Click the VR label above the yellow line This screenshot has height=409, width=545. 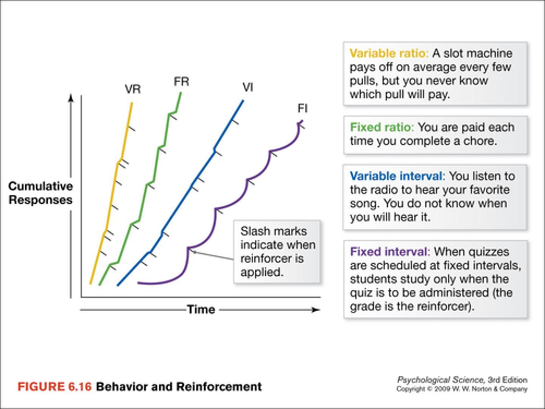(132, 89)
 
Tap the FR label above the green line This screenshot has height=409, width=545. (181, 81)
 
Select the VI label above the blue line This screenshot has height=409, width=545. (248, 87)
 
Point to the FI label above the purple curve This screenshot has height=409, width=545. (302, 109)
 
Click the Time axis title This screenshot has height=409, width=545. (201, 309)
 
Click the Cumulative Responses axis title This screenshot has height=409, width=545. (40, 193)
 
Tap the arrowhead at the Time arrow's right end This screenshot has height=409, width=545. (316, 310)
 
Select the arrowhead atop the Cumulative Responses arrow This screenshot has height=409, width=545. (71, 98)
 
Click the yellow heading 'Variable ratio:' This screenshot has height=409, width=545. (389, 53)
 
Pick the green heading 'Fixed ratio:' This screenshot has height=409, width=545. (382, 127)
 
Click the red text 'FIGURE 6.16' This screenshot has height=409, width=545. (54, 387)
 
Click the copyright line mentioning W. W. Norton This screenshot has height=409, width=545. (462, 389)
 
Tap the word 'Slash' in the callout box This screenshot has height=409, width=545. (255, 231)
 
